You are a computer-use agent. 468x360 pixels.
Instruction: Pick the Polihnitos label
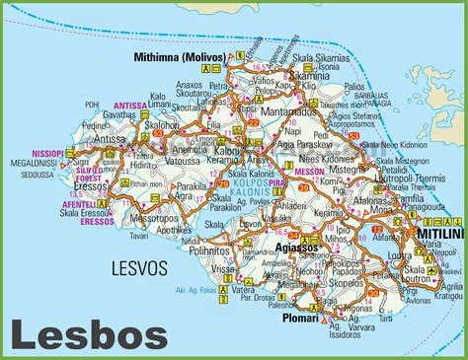(x=233, y=252)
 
